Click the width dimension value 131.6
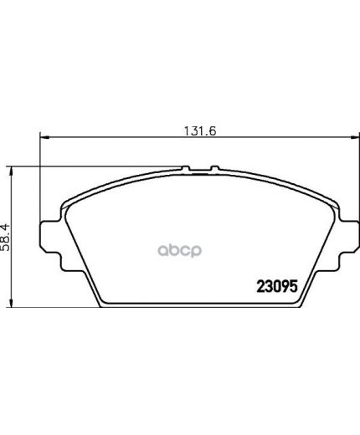tap(200, 130)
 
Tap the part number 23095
tap(277, 286)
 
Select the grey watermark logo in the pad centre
tap(180, 250)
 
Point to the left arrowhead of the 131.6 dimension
tap(44, 137)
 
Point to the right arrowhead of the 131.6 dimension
tap(354, 137)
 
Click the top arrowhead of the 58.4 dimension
tap(11, 171)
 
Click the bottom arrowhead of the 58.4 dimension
tap(11, 303)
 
